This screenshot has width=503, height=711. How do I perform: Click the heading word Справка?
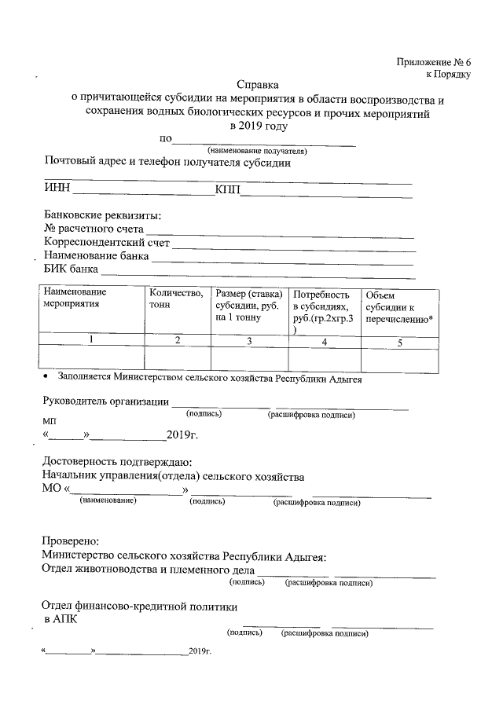258,84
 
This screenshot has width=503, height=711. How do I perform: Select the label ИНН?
57,189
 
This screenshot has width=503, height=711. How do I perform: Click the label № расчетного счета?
94,229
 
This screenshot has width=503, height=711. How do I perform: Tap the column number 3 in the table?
249,341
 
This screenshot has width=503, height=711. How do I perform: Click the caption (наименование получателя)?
256,150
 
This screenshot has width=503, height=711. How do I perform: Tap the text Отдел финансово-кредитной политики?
138,606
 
